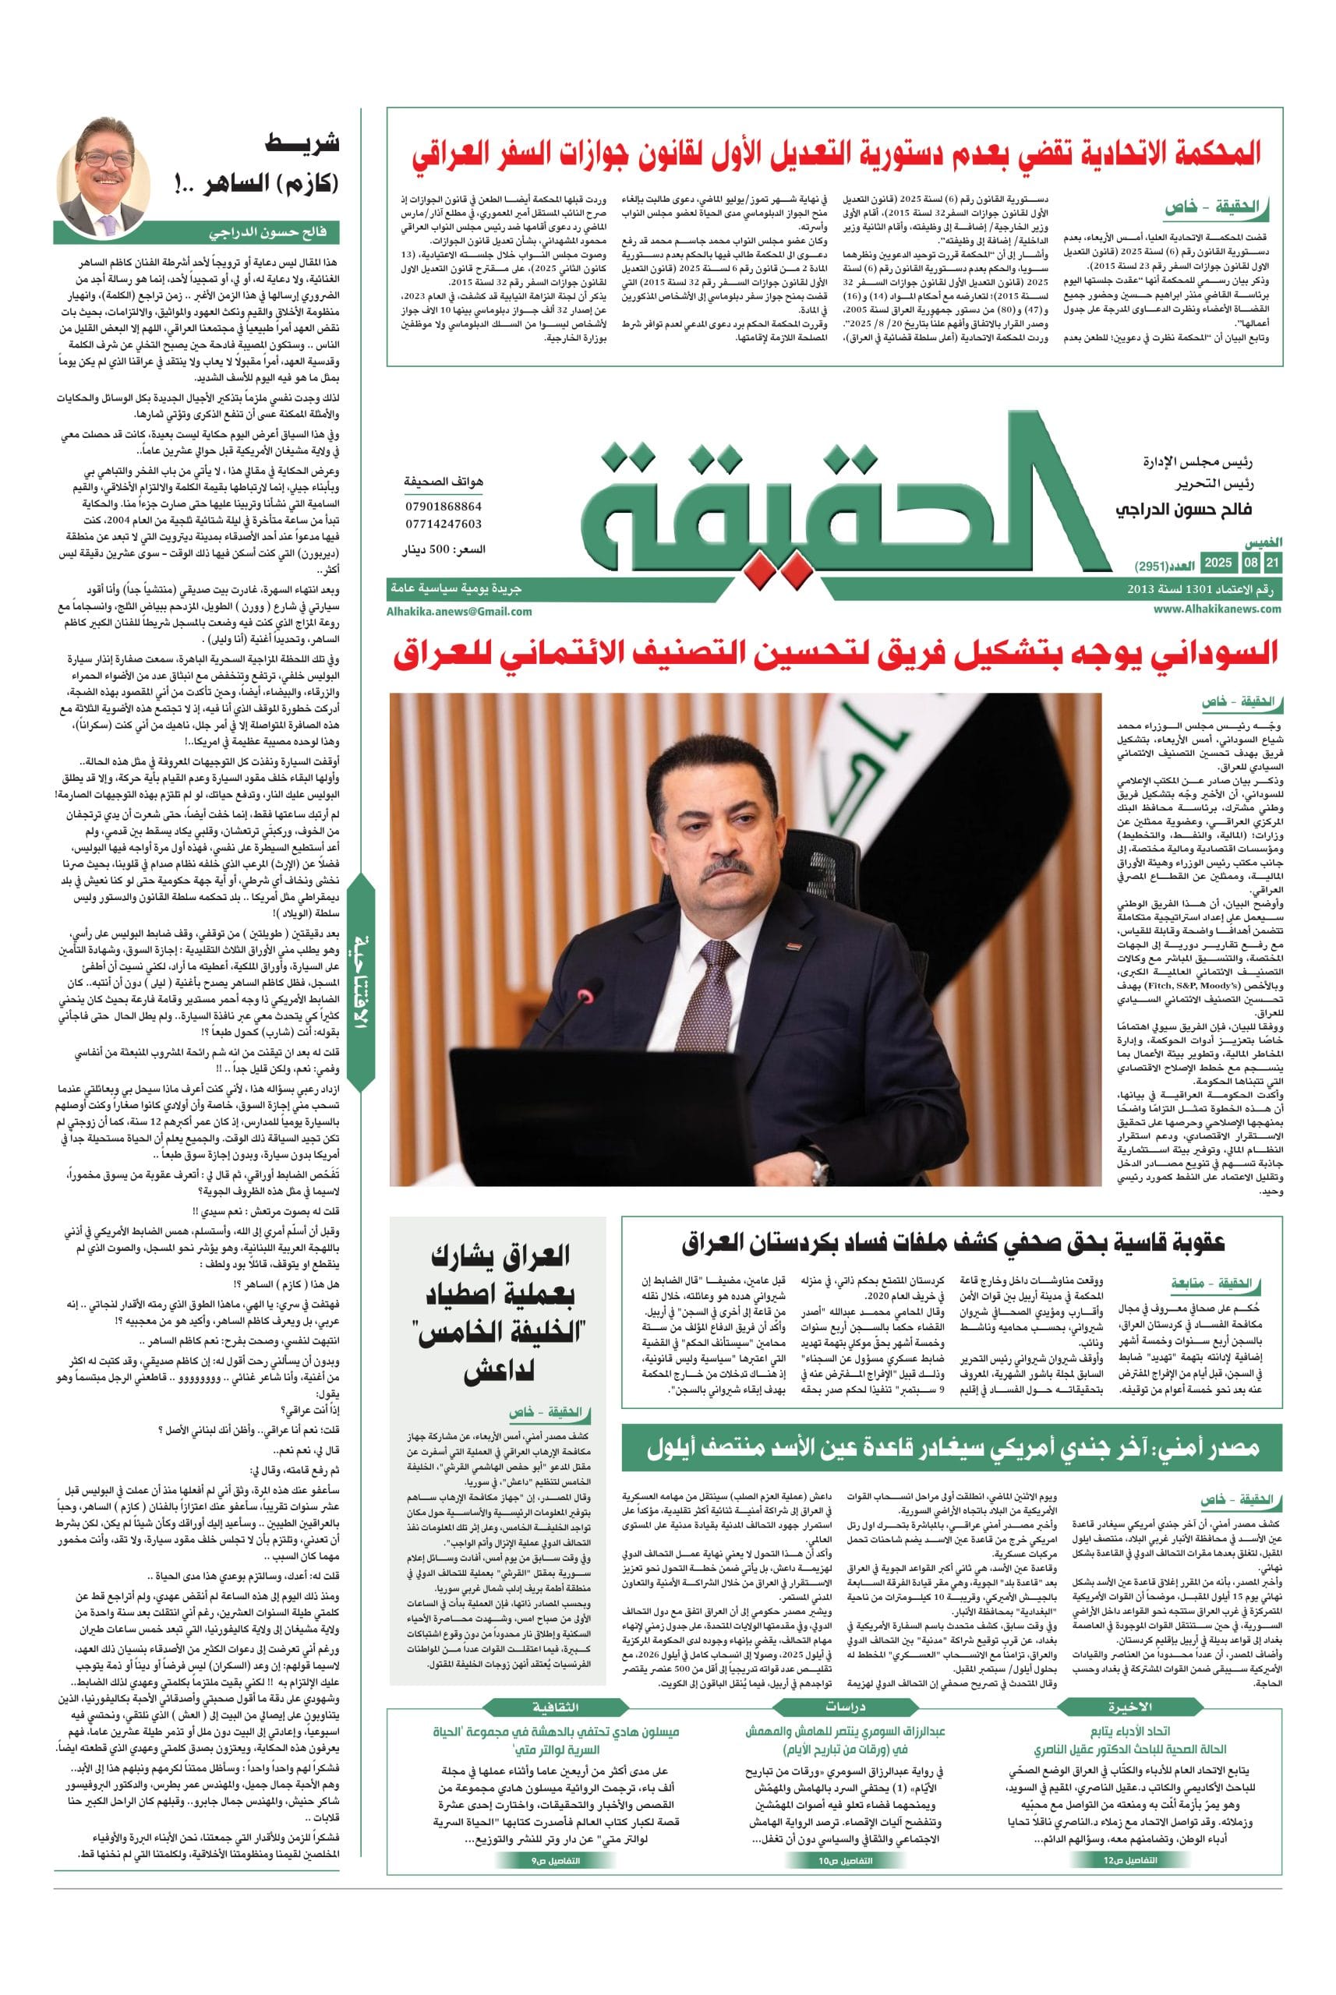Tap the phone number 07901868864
[443, 507]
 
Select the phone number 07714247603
[443, 524]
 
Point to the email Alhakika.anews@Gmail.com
[459, 611]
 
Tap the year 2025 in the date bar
[1218, 563]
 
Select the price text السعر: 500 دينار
[444, 549]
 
